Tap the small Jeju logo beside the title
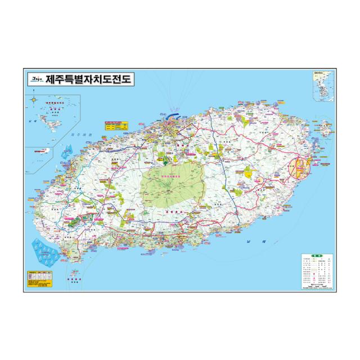pos(36,80)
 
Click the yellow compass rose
pos(35,101)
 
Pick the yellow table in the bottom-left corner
pos(41,279)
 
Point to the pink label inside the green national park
pos(170,179)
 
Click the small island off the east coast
pos(325,129)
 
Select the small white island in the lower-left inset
pos(33,152)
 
